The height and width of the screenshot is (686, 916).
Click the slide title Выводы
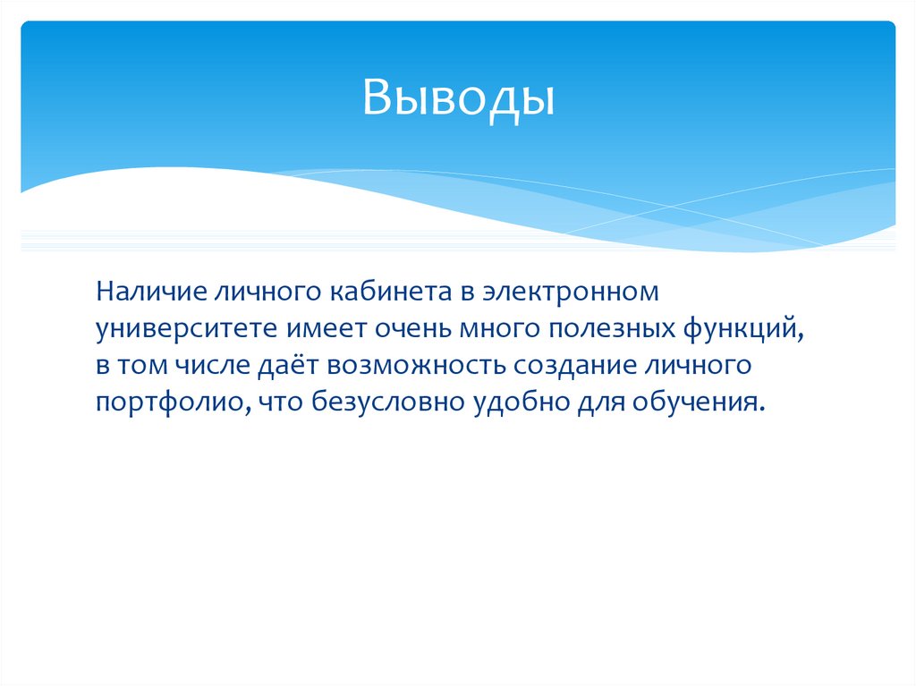tap(458, 98)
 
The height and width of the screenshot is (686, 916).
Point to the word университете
tap(188, 329)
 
